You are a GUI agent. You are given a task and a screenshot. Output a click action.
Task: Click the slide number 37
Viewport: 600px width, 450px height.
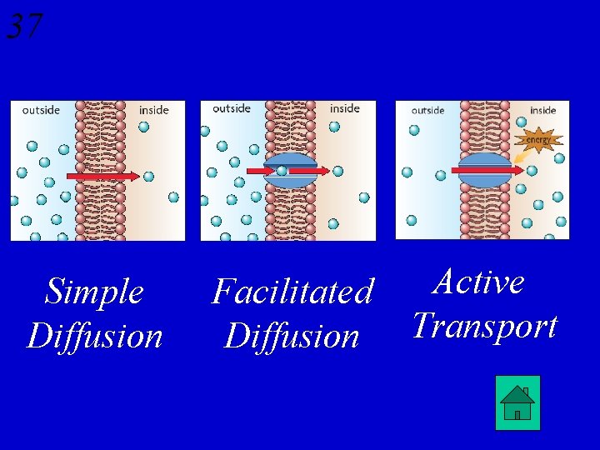(24, 26)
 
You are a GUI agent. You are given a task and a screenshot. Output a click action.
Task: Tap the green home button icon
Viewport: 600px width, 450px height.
(517, 402)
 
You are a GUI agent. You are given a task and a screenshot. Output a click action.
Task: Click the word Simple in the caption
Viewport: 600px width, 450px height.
(94, 292)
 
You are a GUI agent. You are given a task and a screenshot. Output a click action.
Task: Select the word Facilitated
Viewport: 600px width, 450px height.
(292, 292)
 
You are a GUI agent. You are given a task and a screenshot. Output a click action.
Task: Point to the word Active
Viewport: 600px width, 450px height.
(479, 282)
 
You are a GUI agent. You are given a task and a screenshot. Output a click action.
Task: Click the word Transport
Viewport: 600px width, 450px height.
(484, 326)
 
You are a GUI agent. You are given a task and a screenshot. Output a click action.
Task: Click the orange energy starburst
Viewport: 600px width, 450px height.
(538, 139)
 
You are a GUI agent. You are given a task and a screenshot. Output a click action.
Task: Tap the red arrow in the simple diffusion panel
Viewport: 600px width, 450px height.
(102, 177)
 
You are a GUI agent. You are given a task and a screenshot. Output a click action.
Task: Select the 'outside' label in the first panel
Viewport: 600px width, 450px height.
(41, 110)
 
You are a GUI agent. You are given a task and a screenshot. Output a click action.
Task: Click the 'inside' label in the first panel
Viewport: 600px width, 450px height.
(153, 110)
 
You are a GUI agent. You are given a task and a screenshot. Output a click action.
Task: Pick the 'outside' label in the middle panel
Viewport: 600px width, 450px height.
(232, 108)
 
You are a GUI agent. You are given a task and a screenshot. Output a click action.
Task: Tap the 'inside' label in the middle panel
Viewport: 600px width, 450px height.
(344, 108)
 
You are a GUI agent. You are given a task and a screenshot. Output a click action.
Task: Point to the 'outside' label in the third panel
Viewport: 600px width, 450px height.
(427, 110)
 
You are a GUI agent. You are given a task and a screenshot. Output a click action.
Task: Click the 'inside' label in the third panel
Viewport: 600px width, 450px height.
(542, 110)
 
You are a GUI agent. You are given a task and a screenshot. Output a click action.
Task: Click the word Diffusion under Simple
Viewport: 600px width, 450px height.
(94, 337)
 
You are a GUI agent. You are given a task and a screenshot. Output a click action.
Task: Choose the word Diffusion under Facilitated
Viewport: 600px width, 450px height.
(292, 337)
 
